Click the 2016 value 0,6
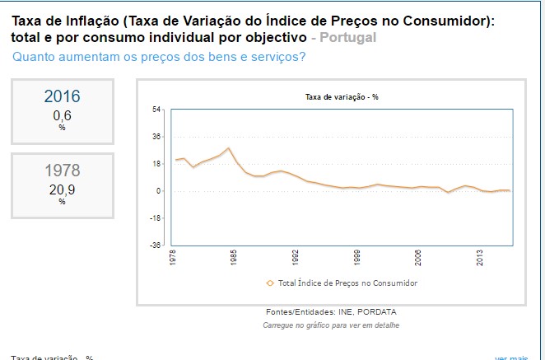point(62,116)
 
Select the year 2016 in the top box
point(63,96)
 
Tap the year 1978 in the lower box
point(63,171)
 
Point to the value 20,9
point(62,189)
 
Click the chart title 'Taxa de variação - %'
point(342,97)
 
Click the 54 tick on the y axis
point(157,110)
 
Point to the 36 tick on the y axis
point(157,137)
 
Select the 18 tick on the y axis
point(157,164)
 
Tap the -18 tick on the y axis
point(156,218)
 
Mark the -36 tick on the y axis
point(156,245)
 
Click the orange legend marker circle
point(270,283)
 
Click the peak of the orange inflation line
point(228,148)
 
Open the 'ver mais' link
point(511,358)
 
